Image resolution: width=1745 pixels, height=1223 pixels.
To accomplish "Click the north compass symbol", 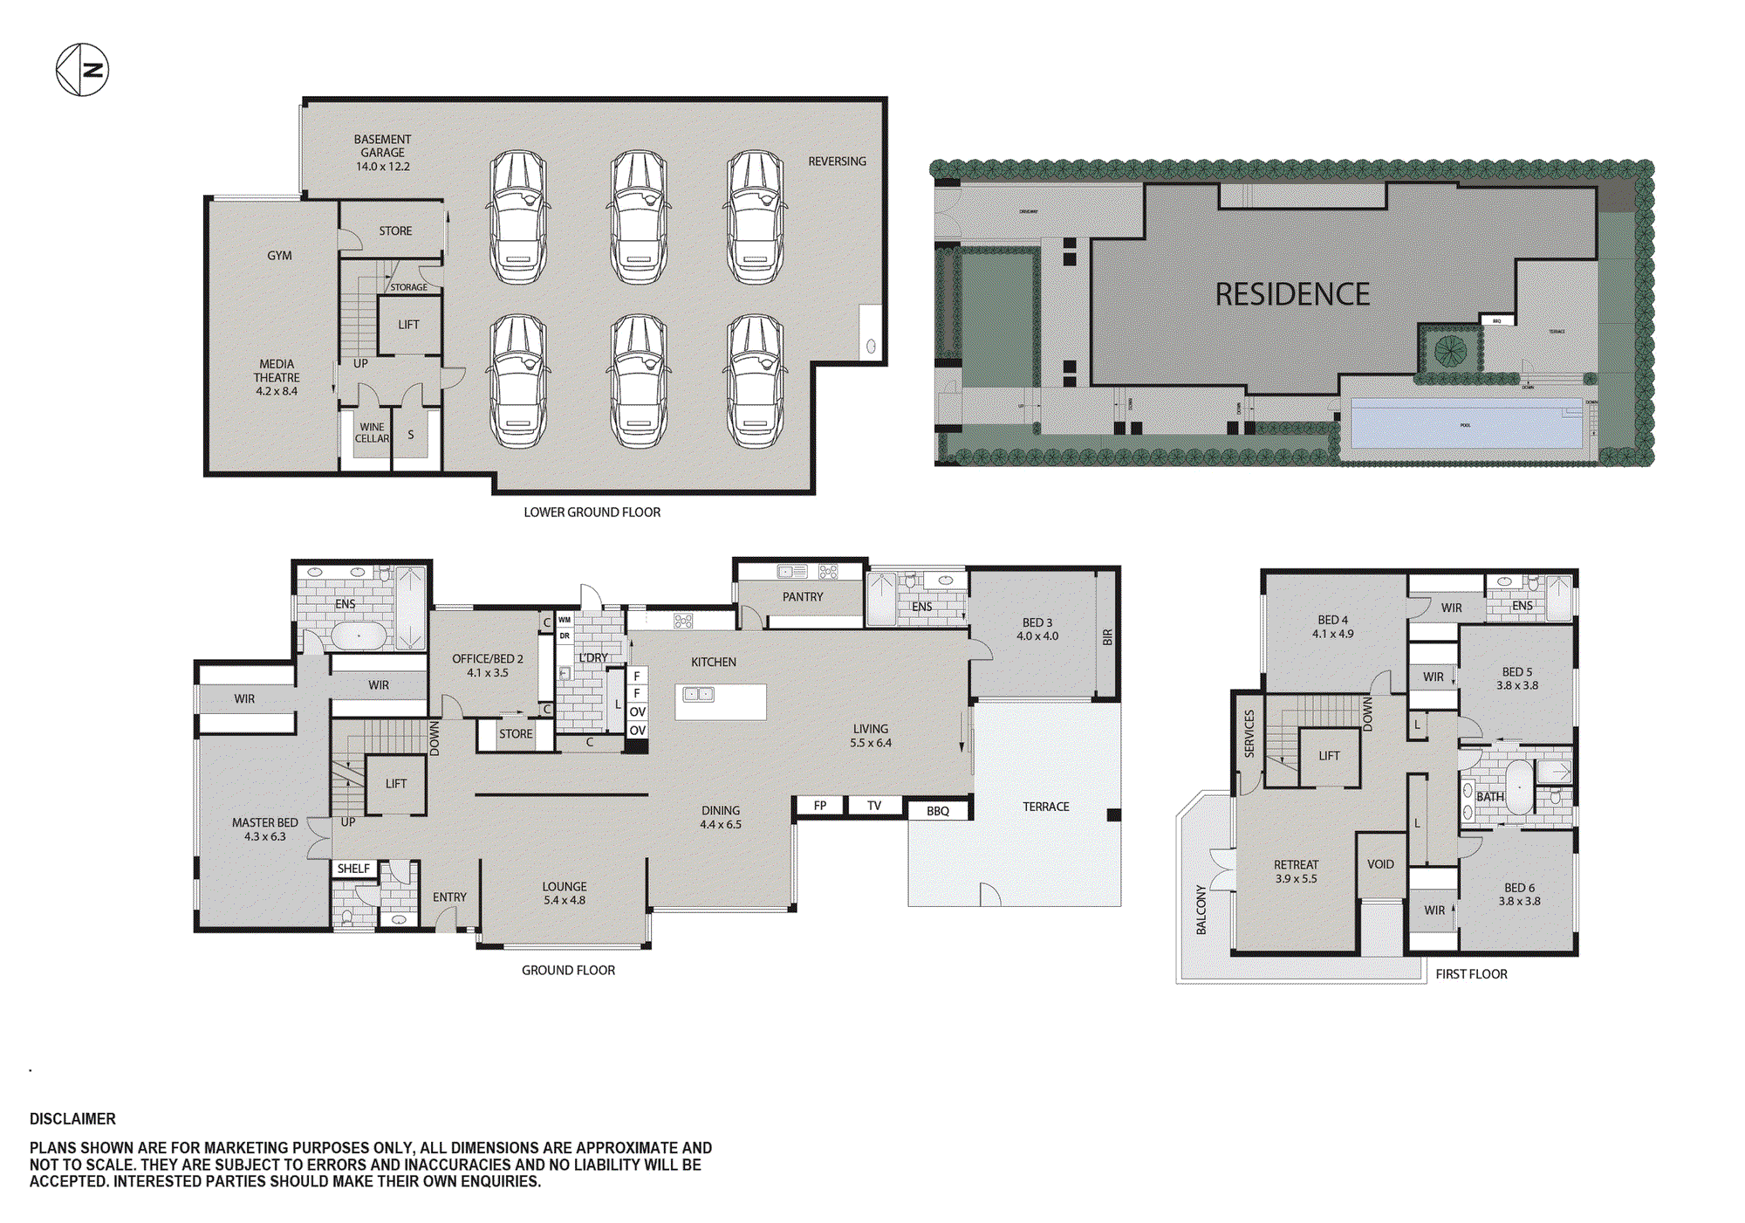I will [82, 70].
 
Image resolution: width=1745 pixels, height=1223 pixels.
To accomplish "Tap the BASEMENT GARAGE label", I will [382, 153].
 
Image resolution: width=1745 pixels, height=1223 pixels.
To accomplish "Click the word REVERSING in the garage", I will [837, 161].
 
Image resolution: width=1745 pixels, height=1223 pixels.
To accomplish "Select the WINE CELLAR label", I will [372, 433].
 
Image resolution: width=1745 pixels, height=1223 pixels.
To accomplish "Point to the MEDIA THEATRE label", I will [277, 378].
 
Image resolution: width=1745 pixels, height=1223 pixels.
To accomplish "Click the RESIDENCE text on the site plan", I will [1292, 295].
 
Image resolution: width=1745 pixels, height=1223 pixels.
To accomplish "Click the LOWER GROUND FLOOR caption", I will [592, 512].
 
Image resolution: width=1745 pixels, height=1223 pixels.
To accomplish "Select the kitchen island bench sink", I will [698, 695].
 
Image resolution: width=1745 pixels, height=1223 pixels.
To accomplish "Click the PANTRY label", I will [802, 597].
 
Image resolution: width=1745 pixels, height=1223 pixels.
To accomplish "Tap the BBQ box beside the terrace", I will [938, 811].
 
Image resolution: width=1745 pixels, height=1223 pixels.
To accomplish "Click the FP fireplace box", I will [820, 806].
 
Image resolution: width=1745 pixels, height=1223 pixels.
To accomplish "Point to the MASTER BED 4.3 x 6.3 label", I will [264, 829].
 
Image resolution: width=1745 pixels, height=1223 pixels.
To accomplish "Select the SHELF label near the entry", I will [353, 869].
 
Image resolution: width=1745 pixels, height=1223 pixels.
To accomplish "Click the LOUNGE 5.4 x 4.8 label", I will [565, 893].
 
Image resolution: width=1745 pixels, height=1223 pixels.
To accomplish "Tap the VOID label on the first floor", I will [1380, 864].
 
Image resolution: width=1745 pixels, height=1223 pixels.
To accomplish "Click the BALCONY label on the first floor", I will [1201, 910].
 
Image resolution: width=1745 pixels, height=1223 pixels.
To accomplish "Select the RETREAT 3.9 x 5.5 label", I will [1296, 871].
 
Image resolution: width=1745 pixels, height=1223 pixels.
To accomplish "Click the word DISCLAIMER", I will [72, 1119].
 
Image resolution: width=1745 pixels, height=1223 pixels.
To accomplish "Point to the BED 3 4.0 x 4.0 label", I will [1037, 629].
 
